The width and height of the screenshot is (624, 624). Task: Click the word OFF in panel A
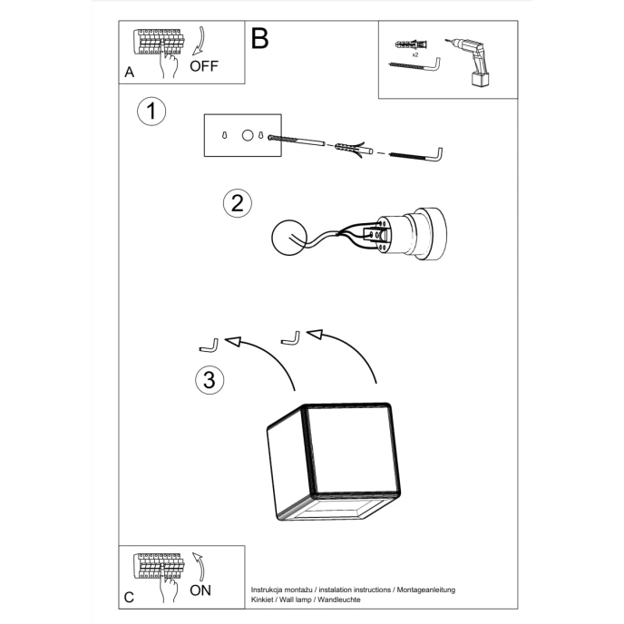204,66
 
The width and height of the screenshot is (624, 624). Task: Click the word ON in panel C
202,590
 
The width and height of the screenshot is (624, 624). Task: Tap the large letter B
260,39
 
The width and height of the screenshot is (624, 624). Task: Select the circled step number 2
237,202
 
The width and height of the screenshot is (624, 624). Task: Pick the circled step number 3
210,380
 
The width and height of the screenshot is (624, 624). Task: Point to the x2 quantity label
414,55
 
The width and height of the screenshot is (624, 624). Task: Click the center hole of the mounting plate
246,135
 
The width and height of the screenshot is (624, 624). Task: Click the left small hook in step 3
208,346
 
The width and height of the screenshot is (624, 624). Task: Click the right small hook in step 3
291,337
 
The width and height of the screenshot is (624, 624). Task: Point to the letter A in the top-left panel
129,71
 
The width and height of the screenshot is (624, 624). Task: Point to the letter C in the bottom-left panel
129,597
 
